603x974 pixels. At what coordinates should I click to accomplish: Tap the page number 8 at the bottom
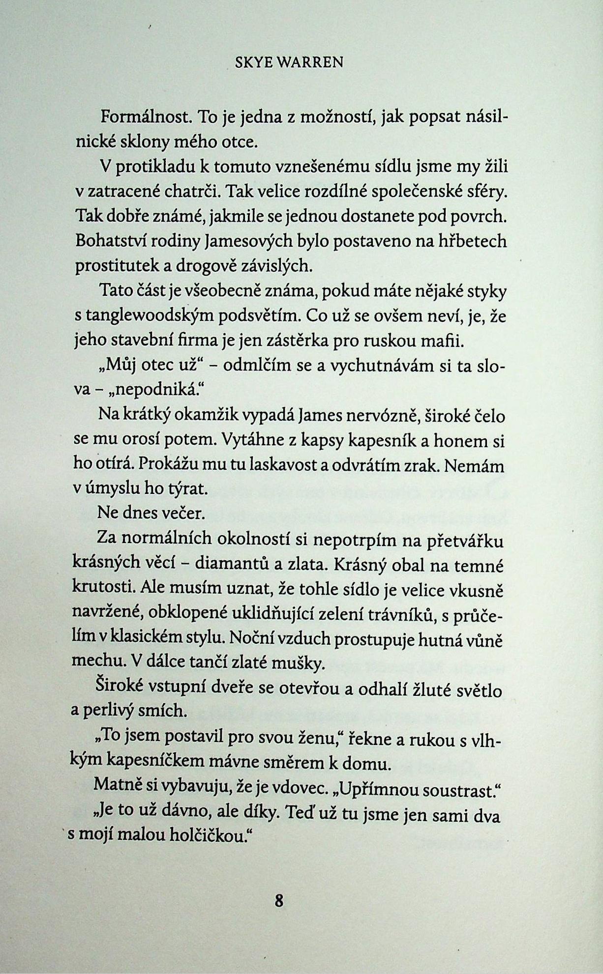tap(279, 901)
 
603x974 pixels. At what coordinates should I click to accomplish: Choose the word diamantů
tap(232, 565)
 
